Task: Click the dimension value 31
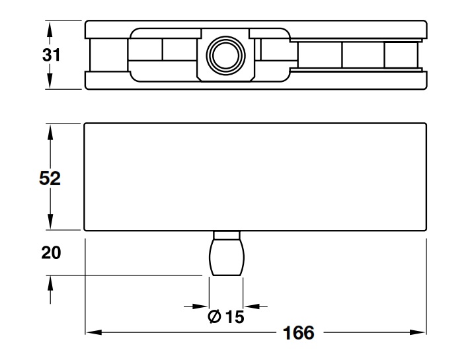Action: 50,55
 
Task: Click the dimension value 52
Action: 50,178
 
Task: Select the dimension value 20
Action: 50,253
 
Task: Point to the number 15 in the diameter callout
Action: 235,317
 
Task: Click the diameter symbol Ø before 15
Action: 214,317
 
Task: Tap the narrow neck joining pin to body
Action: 226,236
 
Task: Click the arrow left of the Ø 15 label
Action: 201,306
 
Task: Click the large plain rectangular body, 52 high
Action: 255,177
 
